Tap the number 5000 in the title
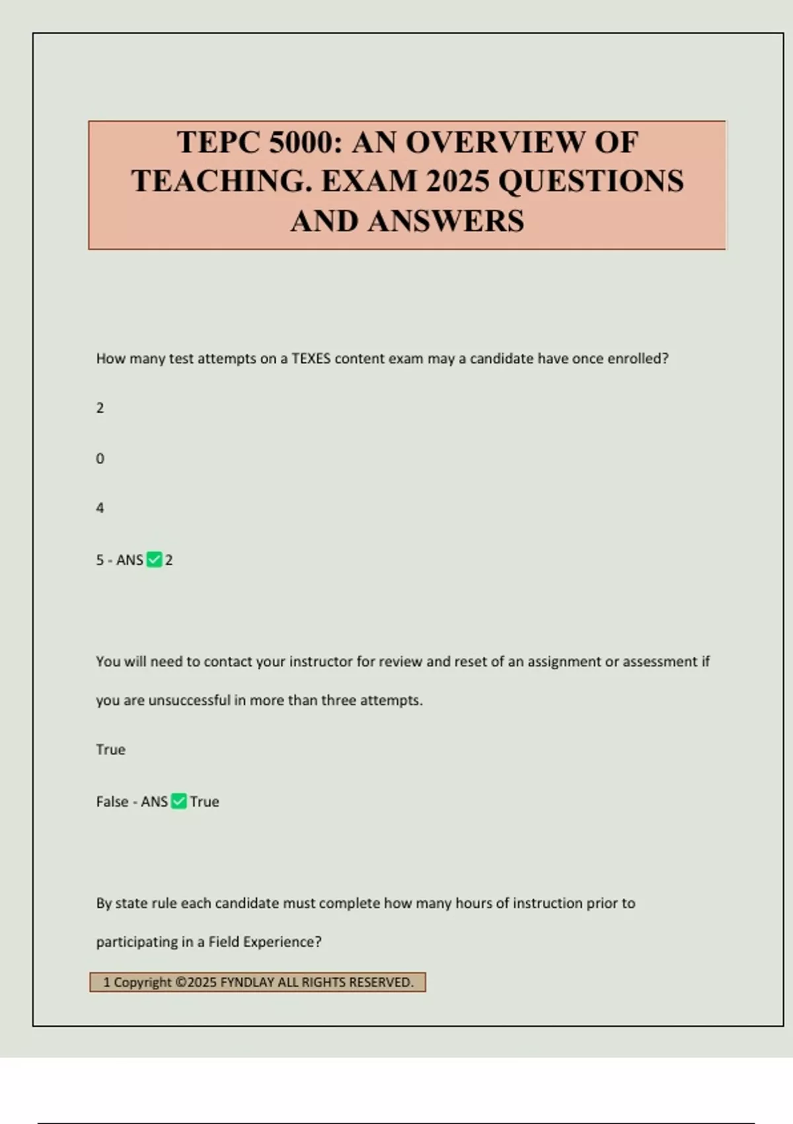coord(301,142)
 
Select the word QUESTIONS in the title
coord(591,181)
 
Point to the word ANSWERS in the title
coord(446,221)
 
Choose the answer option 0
coord(100,458)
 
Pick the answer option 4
coord(100,508)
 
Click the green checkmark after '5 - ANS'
coord(154,560)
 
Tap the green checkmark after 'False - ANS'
coord(178,801)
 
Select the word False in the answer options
coord(112,801)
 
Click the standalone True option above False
coord(110,749)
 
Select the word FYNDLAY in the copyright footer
coord(247,983)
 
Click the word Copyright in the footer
coord(142,983)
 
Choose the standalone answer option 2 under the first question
coord(100,408)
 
